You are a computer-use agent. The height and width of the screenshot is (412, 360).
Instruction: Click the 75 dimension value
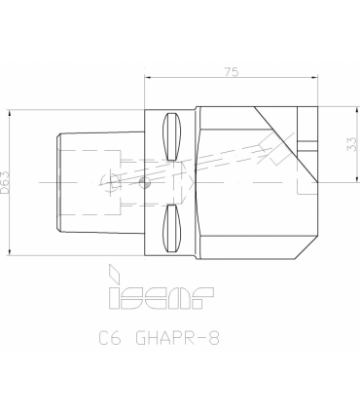[232, 72]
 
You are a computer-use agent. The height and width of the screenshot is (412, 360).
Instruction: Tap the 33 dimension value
[352, 144]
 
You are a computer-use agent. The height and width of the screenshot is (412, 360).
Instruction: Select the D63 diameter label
[5, 182]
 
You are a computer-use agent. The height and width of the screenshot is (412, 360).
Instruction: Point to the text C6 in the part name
[110, 338]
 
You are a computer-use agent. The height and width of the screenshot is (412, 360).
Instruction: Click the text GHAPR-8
[177, 338]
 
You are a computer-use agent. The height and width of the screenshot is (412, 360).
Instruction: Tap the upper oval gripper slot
[171, 136]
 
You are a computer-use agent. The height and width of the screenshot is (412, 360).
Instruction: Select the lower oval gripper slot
[171, 229]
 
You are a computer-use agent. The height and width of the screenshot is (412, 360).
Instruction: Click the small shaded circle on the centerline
[145, 182]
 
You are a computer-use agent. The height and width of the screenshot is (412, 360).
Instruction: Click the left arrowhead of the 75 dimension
[148, 78]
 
